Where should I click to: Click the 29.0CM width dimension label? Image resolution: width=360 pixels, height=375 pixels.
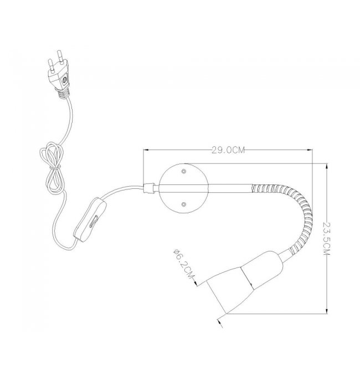click(x=228, y=150)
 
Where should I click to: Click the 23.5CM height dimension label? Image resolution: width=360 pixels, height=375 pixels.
click(x=327, y=238)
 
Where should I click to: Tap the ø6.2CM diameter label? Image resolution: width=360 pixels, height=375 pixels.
click(x=184, y=264)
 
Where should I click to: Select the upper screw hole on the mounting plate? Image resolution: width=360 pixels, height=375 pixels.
click(x=184, y=171)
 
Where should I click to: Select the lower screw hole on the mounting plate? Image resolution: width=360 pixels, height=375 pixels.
click(x=184, y=204)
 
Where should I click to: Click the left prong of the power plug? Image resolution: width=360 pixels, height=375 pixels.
click(x=51, y=65)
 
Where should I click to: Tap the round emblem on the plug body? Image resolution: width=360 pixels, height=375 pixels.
click(x=65, y=79)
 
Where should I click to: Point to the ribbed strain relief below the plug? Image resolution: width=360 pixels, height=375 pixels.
click(x=63, y=92)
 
